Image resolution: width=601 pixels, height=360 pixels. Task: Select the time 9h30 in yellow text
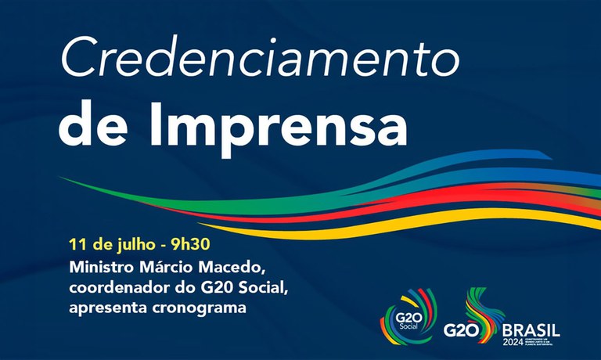click(x=202, y=242)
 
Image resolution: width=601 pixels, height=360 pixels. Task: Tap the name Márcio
click(x=176, y=266)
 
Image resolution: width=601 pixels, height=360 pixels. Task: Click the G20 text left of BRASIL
click(x=461, y=329)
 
